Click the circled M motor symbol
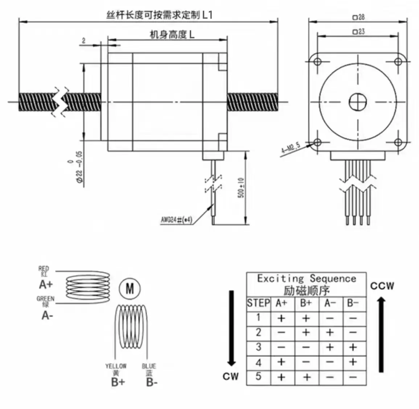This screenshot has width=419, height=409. (130, 289)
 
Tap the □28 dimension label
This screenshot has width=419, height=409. (358, 17)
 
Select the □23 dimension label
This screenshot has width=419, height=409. (358, 32)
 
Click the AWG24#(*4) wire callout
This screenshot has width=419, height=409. (176, 220)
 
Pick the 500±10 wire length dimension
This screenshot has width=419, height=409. (241, 188)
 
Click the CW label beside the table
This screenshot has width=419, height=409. (231, 376)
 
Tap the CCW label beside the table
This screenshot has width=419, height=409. (382, 286)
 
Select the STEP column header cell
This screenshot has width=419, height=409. (258, 303)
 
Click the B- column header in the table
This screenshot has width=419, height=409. (353, 303)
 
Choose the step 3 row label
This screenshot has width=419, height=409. (258, 347)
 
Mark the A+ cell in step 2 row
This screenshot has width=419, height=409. (282, 332)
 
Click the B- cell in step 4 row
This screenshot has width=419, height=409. (353, 362)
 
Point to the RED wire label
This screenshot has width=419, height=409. (44, 269)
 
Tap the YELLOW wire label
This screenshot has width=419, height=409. (116, 366)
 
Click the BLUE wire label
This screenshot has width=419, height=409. (149, 366)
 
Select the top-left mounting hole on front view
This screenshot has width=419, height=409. (317, 61)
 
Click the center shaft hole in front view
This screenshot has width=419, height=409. (358, 102)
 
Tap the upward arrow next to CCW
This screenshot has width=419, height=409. (381, 334)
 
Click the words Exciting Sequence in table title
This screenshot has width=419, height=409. (307, 278)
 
